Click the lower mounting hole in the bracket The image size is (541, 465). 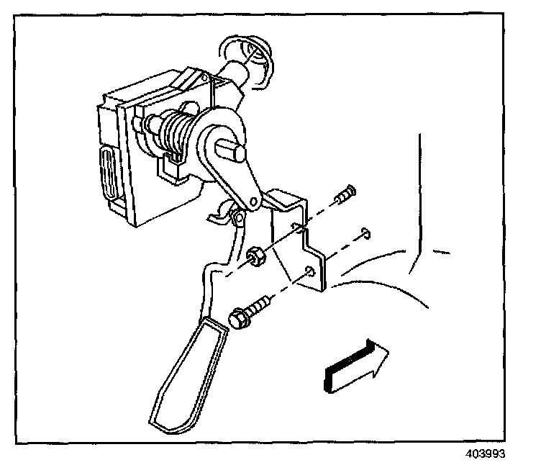coord(309,271)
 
